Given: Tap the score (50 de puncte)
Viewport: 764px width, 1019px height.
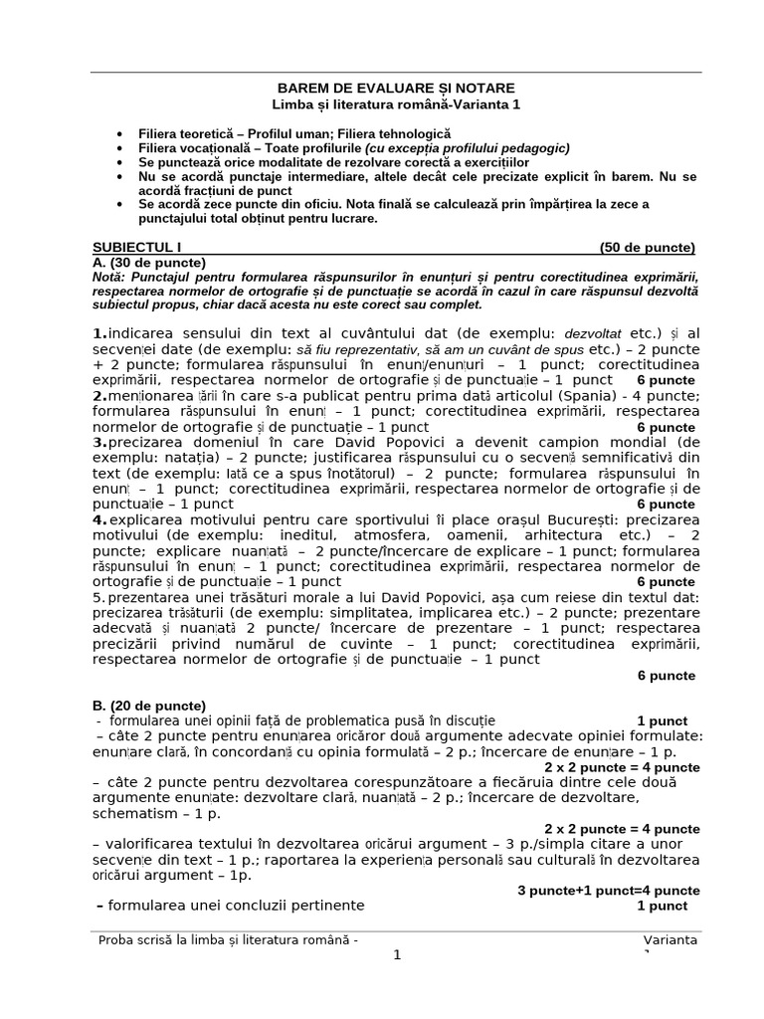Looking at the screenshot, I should [x=647, y=248].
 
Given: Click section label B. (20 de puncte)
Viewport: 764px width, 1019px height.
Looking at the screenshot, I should [x=148, y=706].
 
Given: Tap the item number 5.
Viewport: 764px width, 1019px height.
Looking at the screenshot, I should [x=96, y=597].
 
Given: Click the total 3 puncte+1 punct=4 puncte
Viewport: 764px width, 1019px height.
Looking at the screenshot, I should [x=608, y=890].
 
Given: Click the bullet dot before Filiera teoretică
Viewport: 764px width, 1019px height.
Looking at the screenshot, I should [x=120, y=132].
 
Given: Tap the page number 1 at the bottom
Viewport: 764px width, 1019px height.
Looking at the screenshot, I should [x=397, y=955].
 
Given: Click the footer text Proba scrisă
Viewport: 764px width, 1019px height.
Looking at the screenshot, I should [x=138, y=940].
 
